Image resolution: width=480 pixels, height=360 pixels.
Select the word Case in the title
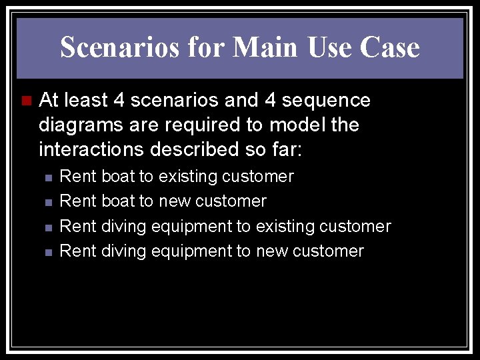389,47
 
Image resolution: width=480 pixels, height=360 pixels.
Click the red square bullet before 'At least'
26,101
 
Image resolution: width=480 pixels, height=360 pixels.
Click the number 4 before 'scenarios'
119,100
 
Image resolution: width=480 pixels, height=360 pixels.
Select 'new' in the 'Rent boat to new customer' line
171,201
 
